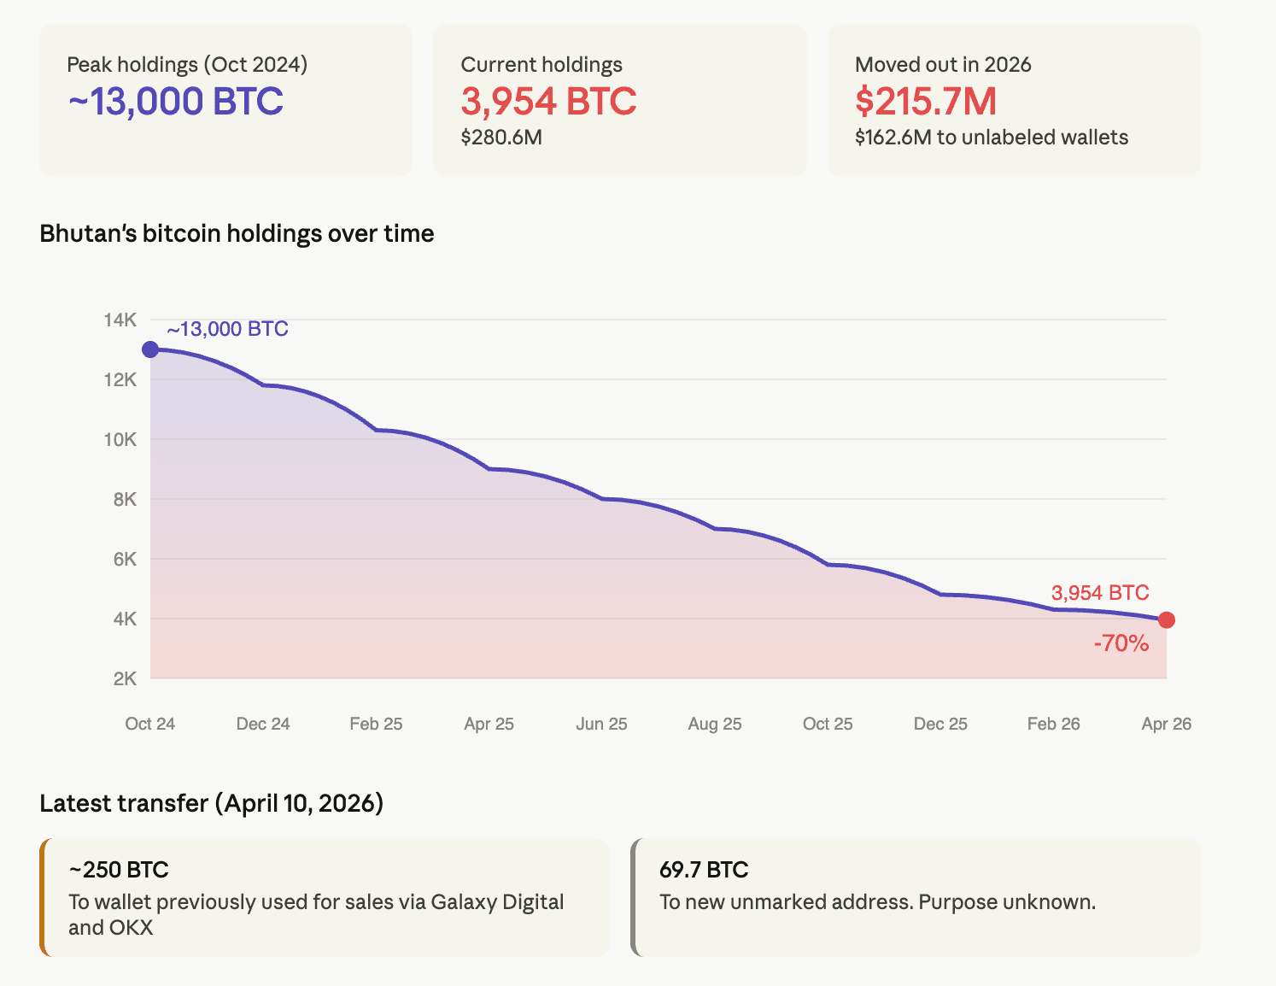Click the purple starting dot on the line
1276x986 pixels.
[150, 349]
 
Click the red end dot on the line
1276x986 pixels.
[1167, 620]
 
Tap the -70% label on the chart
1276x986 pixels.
[1121, 643]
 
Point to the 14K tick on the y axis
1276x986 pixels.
[120, 320]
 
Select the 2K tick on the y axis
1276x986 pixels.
[125, 679]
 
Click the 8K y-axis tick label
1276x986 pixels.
[125, 500]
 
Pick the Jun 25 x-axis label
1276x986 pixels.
[601, 724]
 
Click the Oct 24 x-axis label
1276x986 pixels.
[150, 724]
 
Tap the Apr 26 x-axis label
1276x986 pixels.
[1166, 724]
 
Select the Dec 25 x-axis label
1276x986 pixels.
[940, 724]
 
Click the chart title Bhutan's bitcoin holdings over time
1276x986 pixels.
[237, 234]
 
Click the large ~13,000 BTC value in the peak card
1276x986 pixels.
[175, 102]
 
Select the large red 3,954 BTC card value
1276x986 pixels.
[548, 102]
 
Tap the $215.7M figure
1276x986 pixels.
[926, 102]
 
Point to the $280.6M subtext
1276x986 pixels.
[501, 138]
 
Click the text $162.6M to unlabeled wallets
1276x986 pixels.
[991, 138]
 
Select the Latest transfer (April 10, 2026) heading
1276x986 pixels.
[211, 803]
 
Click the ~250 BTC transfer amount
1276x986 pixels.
[119, 870]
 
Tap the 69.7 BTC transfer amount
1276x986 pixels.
[704, 870]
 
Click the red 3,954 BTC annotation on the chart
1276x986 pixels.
[1099, 593]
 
